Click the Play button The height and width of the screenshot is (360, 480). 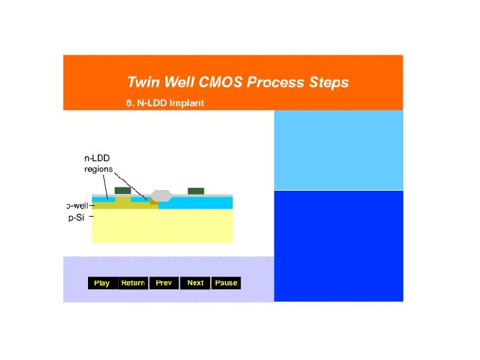pyautogui.click(x=102, y=283)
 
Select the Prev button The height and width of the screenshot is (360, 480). pyautogui.click(x=163, y=283)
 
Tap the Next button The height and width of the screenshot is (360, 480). pyautogui.click(x=195, y=283)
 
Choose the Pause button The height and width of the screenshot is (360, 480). pyautogui.click(x=226, y=283)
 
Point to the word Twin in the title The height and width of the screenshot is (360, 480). pyautogui.click(x=145, y=83)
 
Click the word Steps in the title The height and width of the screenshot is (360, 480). pyautogui.click(x=327, y=83)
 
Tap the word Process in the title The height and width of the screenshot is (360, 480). pyautogui.click(x=274, y=83)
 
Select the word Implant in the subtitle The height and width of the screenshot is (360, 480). pyautogui.click(x=187, y=103)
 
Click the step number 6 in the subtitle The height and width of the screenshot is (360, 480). pyautogui.click(x=129, y=103)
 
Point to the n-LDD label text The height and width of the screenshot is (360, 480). pyautogui.click(x=97, y=159)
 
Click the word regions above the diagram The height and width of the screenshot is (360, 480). pyautogui.click(x=98, y=169)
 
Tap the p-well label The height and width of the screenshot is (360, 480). pyautogui.click(x=77, y=205)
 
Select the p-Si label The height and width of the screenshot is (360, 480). pyautogui.click(x=76, y=217)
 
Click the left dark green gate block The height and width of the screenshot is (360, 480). pyautogui.click(x=123, y=191)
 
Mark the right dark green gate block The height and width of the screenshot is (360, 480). pyautogui.click(x=195, y=191)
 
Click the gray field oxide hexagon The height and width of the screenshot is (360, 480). pyautogui.click(x=161, y=195)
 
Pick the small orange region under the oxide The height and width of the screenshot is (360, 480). pyautogui.click(x=154, y=202)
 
